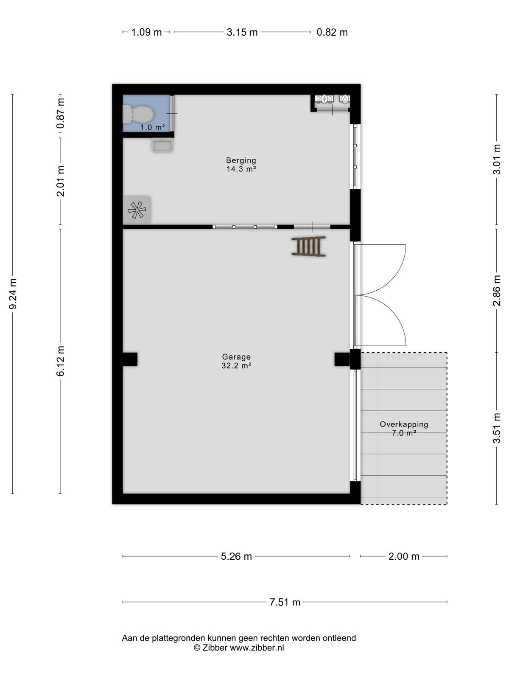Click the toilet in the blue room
(138, 115)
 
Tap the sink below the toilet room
(162, 145)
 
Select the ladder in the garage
(308, 246)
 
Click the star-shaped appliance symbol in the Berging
(137, 210)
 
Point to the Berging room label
(241, 160)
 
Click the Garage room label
(236, 356)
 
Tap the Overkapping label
(404, 424)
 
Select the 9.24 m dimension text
(13, 294)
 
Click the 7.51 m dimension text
(285, 602)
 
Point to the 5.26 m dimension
(236, 556)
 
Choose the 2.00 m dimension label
(404, 556)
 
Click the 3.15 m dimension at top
(242, 32)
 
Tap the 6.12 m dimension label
(61, 361)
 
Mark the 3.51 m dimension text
(496, 428)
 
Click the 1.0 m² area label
(153, 127)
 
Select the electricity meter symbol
(324, 99)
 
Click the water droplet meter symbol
(344, 99)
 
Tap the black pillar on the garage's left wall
(130, 359)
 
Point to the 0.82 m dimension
(332, 32)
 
